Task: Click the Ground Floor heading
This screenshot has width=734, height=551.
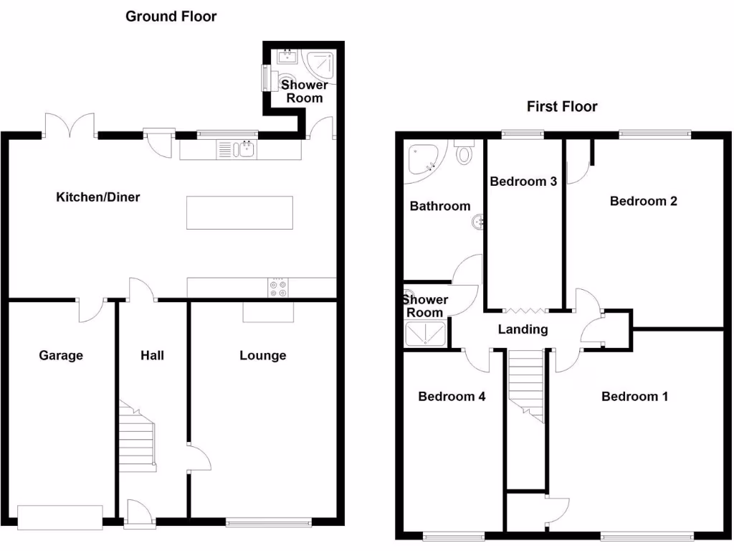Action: click(171, 16)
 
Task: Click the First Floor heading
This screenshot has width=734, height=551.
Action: click(562, 107)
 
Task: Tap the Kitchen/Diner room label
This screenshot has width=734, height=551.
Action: click(98, 197)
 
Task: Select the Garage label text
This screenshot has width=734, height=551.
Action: click(61, 355)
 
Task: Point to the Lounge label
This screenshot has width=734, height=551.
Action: click(262, 355)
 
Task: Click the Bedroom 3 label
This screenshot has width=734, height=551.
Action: click(523, 182)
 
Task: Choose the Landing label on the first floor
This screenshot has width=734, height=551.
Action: click(523, 329)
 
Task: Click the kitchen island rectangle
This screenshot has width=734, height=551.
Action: click(239, 212)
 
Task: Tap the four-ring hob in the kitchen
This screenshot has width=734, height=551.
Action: click(277, 288)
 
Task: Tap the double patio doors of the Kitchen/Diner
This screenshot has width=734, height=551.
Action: click(70, 126)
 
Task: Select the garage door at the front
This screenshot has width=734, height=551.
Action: click(60, 517)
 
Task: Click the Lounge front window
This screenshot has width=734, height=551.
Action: click(269, 522)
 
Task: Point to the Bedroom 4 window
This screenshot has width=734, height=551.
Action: click(453, 534)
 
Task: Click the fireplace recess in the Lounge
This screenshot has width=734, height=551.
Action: click(269, 311)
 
